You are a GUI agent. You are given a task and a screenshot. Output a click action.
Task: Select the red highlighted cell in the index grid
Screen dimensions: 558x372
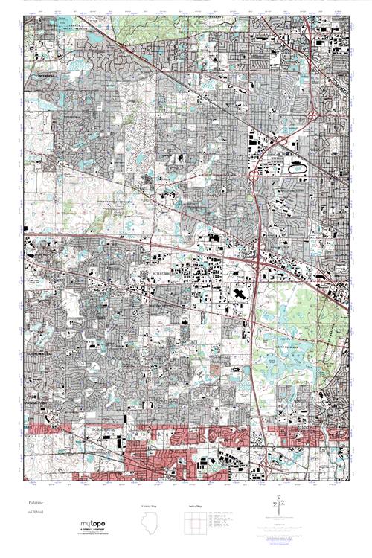click(195, 521)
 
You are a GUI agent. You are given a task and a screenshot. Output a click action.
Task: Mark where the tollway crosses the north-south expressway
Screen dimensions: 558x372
click(258, 262)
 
